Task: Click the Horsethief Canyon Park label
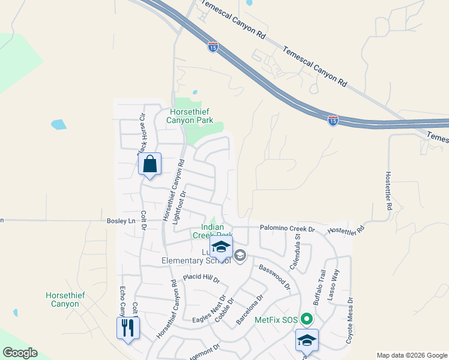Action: (191, 116)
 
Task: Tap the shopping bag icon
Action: (149, 163)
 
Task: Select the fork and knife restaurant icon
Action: (128, 328)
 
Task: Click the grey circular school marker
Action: (240, 256)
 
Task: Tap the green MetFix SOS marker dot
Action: (306, 319)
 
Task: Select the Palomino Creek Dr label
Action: (287, 229)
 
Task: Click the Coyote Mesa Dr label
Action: (349, 320)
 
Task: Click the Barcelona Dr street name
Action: (250, 310)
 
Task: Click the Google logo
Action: (20, 353)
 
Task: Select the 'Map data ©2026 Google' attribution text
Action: (412, 355)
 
